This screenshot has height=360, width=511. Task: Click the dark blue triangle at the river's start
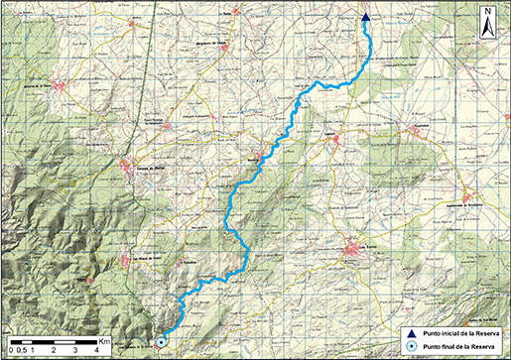click(365, 17)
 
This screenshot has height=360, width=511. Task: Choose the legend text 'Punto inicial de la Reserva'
click(459, 333)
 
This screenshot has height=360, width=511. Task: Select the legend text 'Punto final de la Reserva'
click(457, 347)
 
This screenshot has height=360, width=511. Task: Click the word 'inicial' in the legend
click(449, 333)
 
